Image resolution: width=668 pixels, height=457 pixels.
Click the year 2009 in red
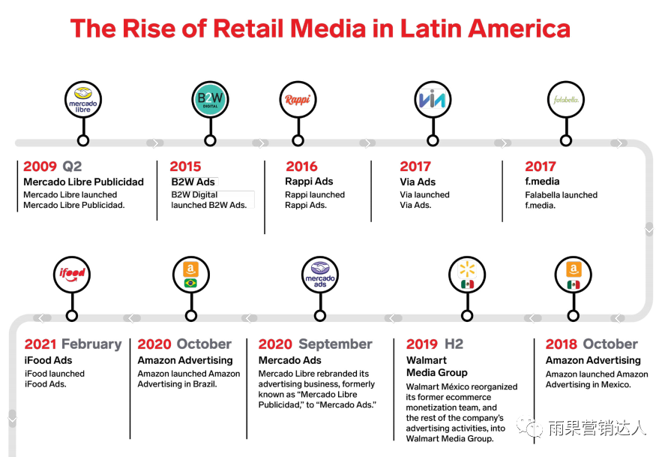click(40, 167)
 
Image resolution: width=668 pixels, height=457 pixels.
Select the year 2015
click(185, 167)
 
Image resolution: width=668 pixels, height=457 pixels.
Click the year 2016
click(301, 167)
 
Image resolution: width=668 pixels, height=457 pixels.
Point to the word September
click(335, 344)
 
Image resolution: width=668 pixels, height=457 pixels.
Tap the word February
click(91, 344)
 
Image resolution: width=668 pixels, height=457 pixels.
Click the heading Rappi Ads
click(309, 182)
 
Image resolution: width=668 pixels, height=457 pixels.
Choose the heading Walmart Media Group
click(436, 366)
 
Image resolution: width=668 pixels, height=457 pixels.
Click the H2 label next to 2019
click(454, 344)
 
